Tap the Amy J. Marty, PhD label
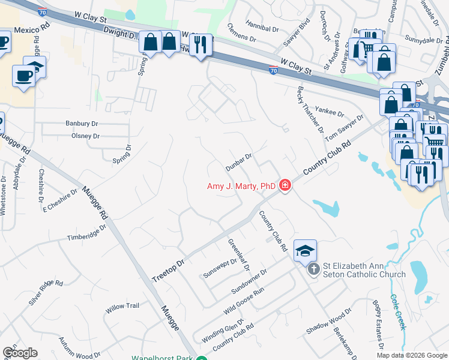click(x=241, y=186)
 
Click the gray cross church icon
click(x=313, y=269)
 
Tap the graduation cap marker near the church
click(x=305, y=250)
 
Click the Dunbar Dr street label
click(x=238, y=161)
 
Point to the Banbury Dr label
click(x=82, y=124)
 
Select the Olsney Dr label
click(x=85, y=136)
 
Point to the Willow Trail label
click(x=122, y=306)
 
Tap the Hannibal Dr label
click(x=262, y=28)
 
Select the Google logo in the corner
click(x=20, y=352)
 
